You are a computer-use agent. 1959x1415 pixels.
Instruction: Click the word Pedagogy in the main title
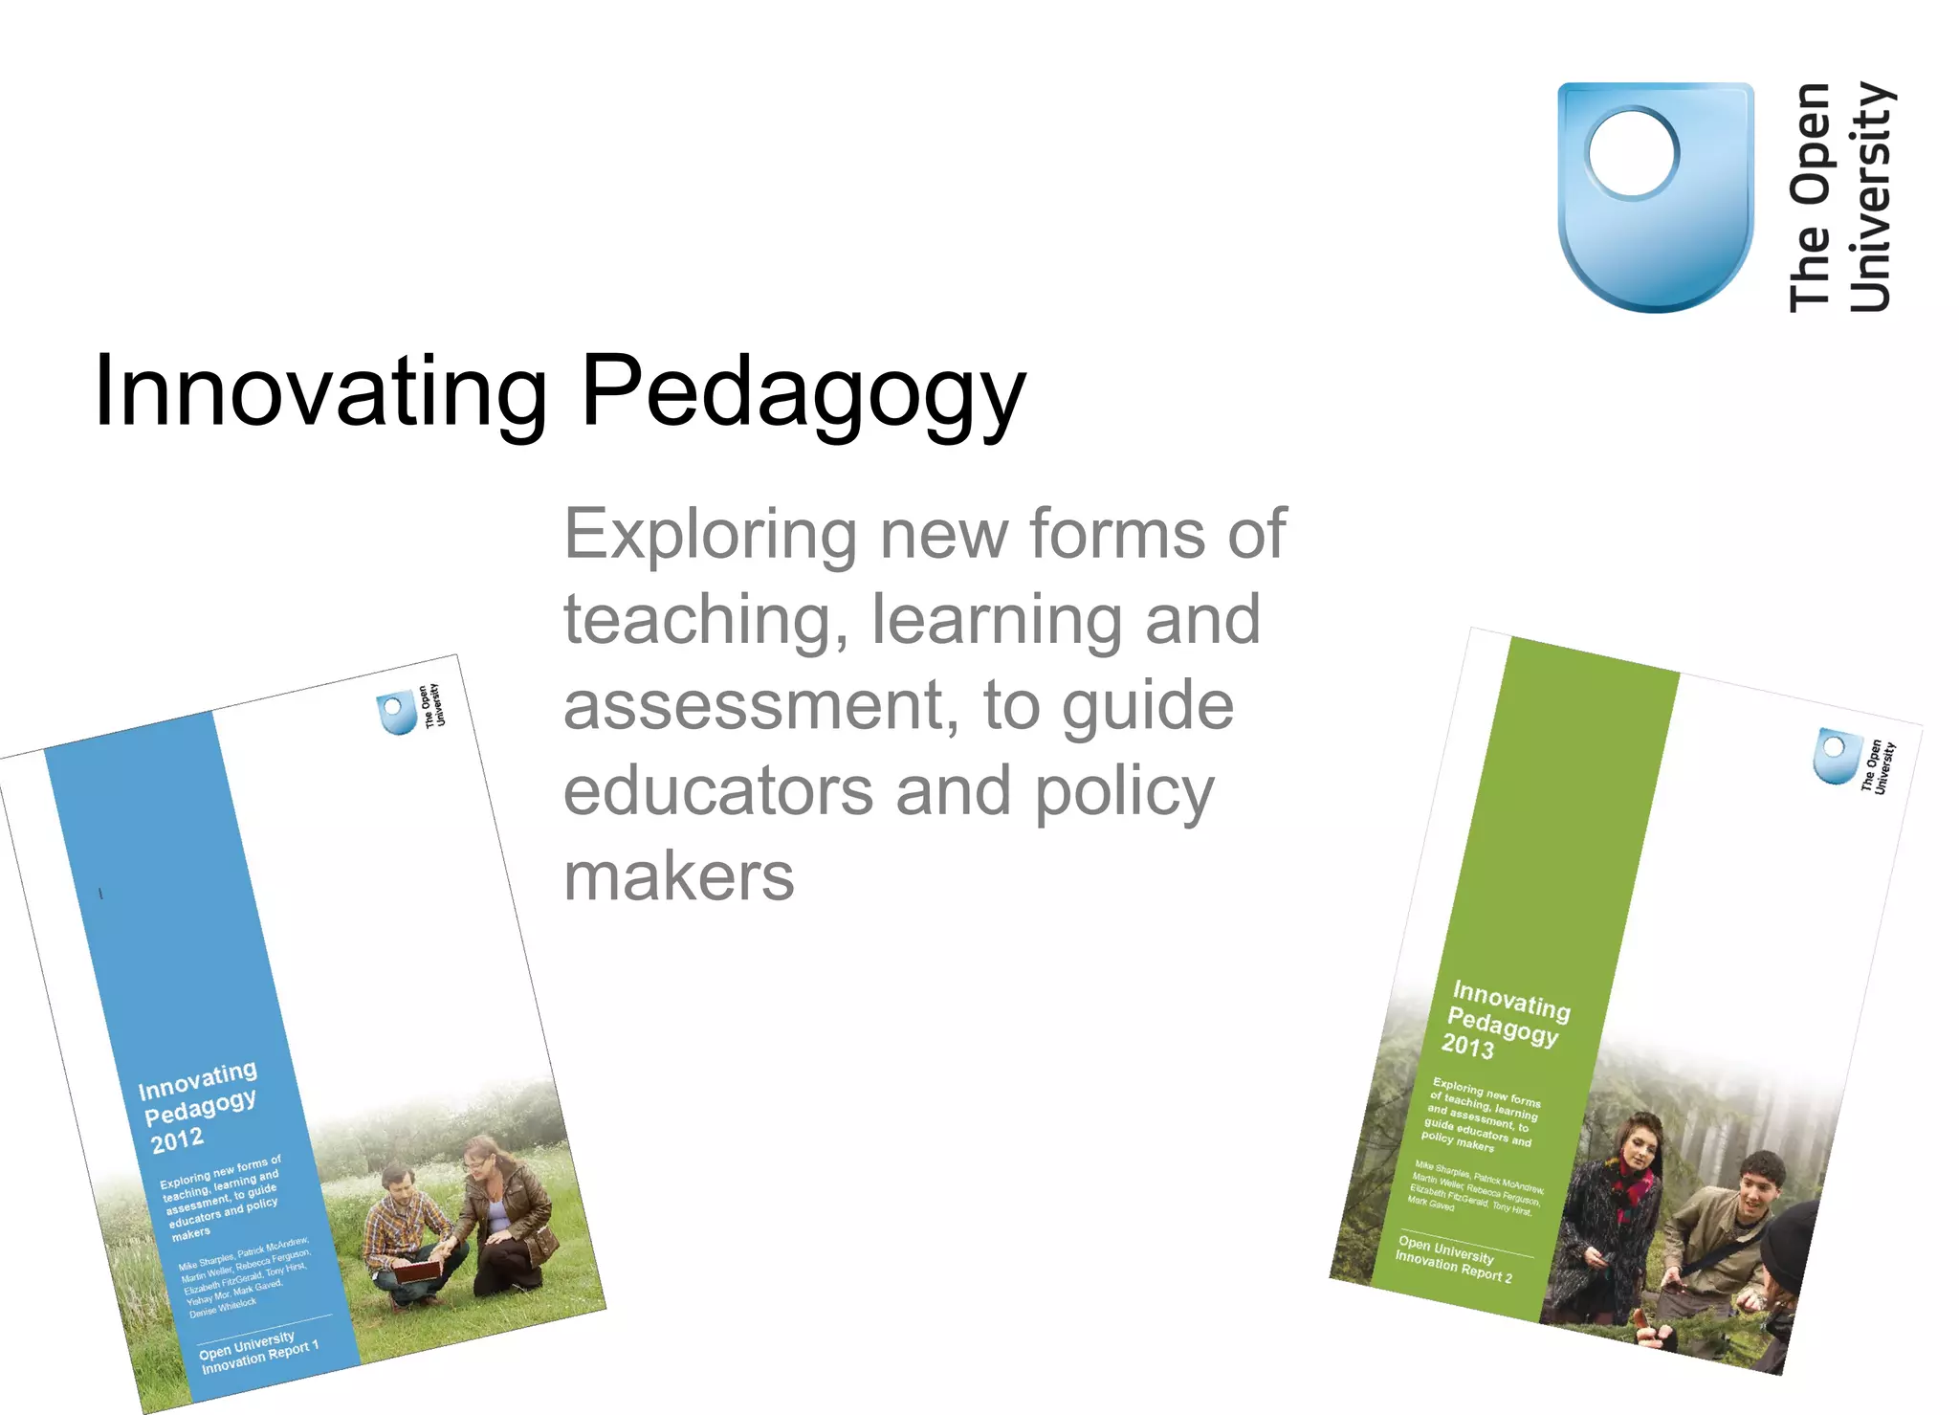tap(803, 392)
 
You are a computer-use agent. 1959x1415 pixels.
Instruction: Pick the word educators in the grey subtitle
tap(717, 792)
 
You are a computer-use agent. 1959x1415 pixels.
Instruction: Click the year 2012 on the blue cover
tap(177, 1139)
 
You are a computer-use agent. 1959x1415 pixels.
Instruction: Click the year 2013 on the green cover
tap(1467, 1046)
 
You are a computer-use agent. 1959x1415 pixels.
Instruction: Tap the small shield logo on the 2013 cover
tap(1836, 756)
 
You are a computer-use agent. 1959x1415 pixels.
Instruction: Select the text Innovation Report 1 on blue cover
tap(260, 1357)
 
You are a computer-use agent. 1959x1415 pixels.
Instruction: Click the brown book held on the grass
tap(418, 1271)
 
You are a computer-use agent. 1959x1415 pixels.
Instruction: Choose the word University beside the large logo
tap(1871, 197)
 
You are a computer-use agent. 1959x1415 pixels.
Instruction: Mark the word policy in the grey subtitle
tap(1125, 792)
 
